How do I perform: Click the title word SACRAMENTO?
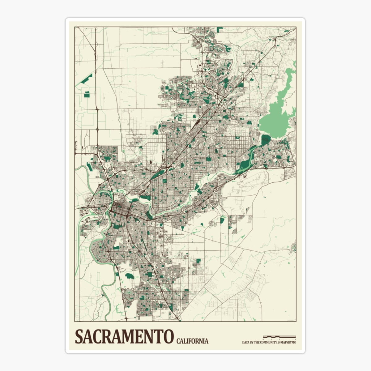pos(124,336)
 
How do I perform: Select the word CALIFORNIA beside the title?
pos(192,341)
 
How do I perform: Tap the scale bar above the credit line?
pos(279,336)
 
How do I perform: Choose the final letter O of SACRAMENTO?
pos(168,336)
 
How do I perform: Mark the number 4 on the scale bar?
pos(296,339)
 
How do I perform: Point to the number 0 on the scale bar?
pos(263,339)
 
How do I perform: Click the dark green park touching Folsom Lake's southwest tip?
pos(265,140)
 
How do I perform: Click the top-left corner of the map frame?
pos(75,27)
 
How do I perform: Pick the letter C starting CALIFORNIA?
pos(178,341)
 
